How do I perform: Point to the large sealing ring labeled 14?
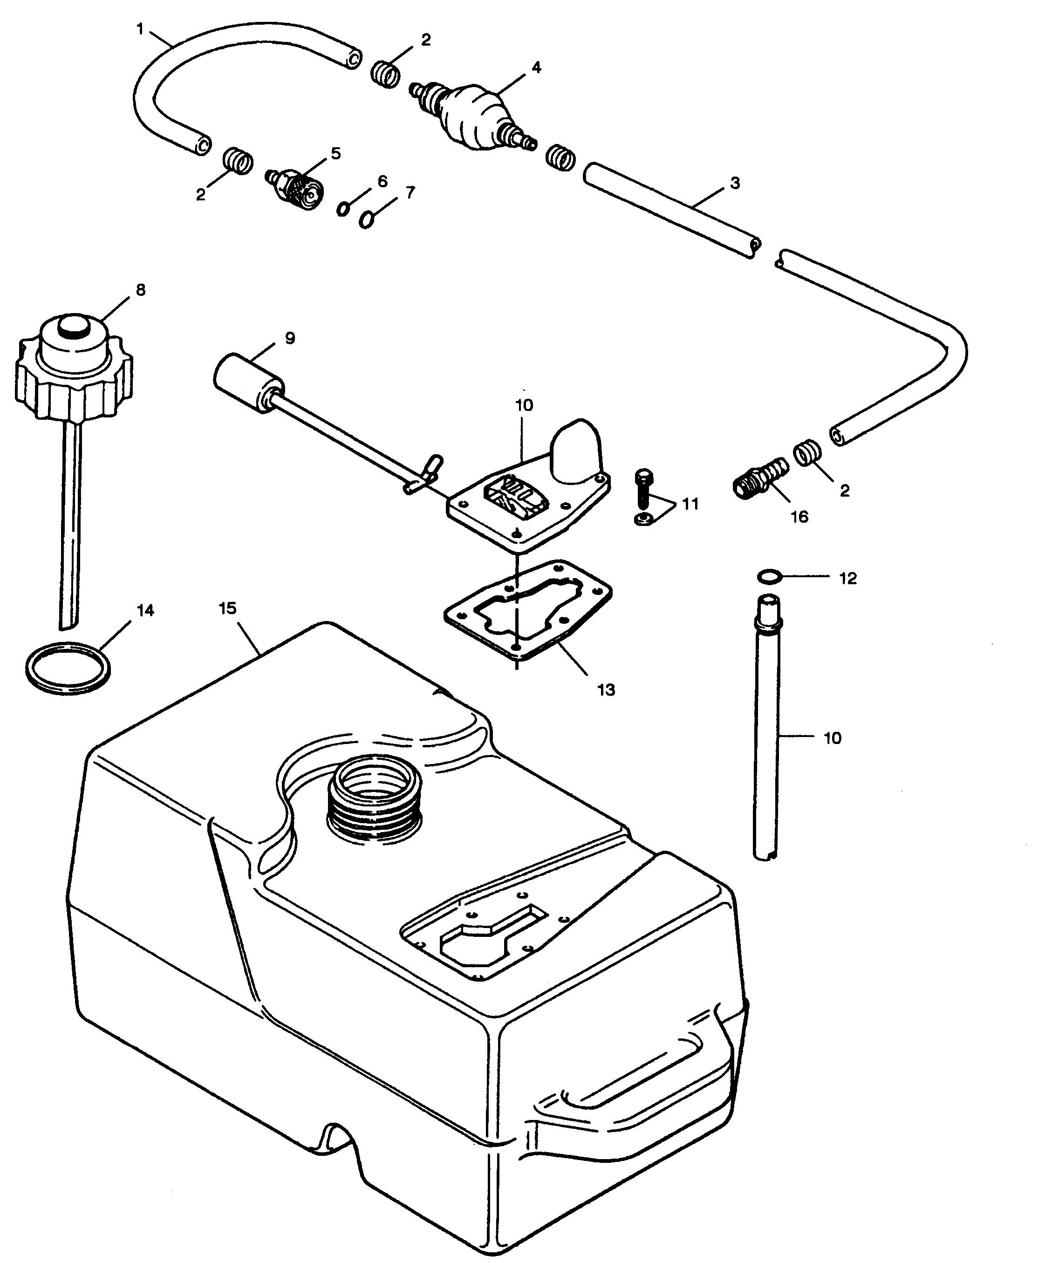[68, 669]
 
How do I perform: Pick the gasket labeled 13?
[527, 610]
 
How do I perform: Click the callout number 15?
[227, 608]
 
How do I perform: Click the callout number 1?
[140, 28]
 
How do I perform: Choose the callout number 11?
[690, 504]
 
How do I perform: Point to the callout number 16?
[799, 517]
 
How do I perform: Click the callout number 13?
[607, 690]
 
